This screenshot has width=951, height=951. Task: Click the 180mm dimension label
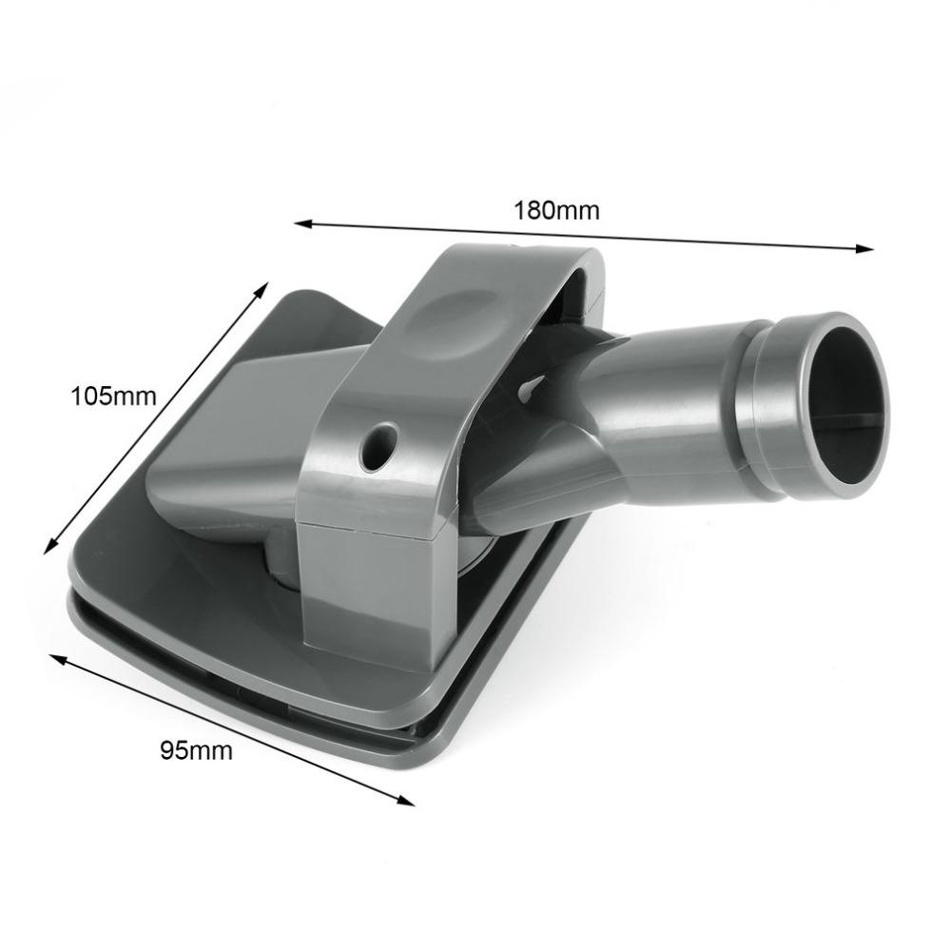(557, 210)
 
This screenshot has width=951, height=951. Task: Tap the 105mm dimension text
(113, 395)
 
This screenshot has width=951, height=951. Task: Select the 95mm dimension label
(196, 750)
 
